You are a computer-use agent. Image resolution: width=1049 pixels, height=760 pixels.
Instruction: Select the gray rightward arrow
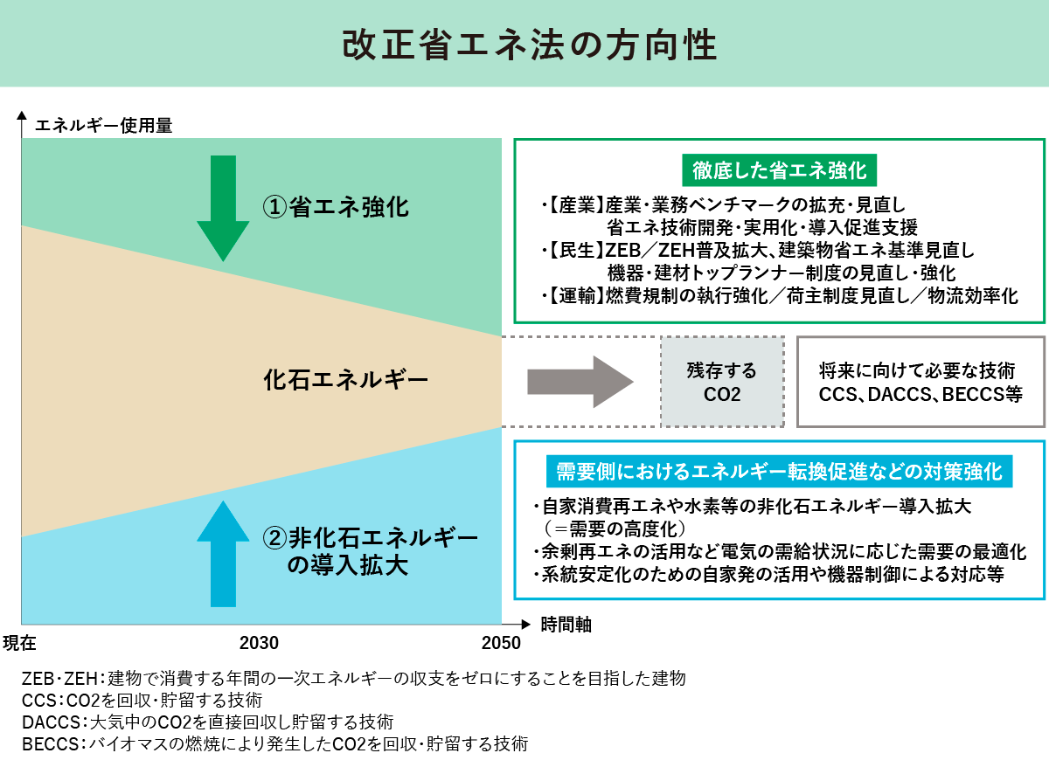coord(580,382)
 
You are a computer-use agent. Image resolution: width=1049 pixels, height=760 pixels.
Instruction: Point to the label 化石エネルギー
coord(345,381)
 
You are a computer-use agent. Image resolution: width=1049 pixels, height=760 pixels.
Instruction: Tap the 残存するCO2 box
coord(722,383)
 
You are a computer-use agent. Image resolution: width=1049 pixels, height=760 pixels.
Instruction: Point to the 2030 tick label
coord(259,644)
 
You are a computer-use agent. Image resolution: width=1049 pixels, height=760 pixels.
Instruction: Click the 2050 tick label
coord(502,644)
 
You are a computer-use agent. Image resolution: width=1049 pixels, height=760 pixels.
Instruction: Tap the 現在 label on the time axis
coord(19,644)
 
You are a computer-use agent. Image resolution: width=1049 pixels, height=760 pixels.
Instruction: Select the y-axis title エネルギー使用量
coord(104,125)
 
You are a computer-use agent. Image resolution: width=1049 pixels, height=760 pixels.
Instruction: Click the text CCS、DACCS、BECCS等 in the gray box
coord(920,394)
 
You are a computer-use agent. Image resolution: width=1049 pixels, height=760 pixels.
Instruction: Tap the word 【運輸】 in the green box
coord(573,296)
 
